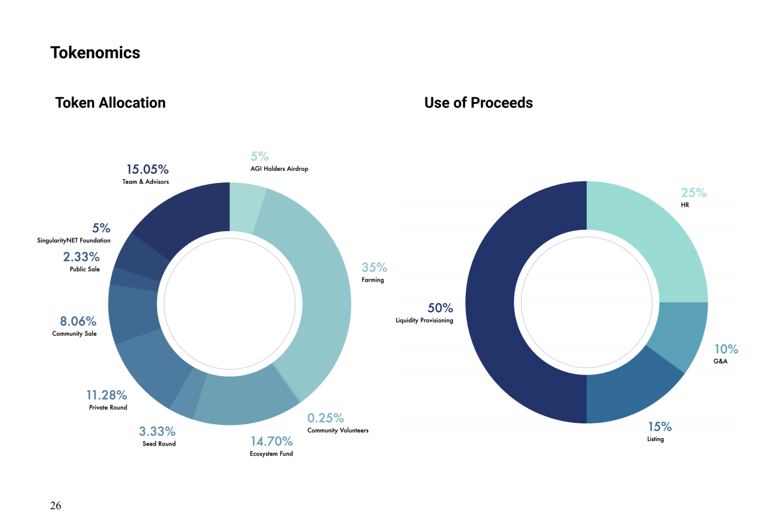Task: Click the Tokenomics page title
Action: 95,53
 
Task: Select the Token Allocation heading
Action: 110,103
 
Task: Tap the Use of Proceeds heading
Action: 478,103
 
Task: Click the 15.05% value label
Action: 148,169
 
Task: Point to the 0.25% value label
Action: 326,418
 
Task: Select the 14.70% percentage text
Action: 272,441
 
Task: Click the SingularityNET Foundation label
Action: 74,240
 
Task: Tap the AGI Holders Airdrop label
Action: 279,169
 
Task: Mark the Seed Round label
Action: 159,444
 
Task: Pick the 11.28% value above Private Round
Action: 107,395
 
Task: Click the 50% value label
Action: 440,308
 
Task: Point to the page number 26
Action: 56,505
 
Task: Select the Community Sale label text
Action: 74,334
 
